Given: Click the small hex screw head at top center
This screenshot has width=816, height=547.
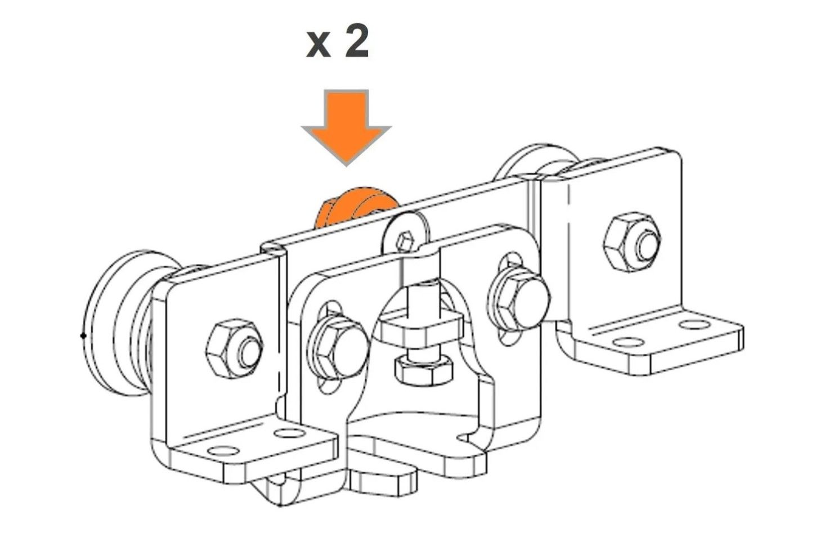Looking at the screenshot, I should pyautogui.click(x=404, y=241).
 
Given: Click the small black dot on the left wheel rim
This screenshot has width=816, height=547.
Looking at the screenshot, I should pyautogui.click(x=83, y=336).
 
